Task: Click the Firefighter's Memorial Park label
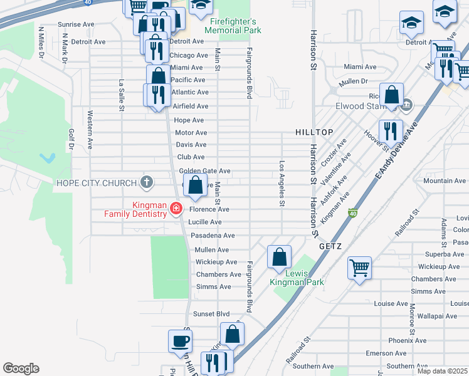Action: pos(234,26)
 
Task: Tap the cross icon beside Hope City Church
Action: pos(146,183)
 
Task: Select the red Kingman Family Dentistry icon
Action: pos(177,208)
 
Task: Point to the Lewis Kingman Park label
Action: pos(297,278)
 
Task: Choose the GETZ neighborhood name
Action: pos(330,246)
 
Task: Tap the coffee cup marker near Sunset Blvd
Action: pos(180,342)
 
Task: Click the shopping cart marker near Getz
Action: pos(360,268)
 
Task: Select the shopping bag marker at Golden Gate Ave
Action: pos(195,184)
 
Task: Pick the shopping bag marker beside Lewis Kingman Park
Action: pos(279,256)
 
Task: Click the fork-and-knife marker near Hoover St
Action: pos(391,131)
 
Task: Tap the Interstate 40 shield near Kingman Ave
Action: pos(353,214)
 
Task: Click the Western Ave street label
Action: pos(90,130)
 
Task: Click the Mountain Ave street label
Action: pos(445,180)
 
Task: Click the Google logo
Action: pos(21,368)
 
